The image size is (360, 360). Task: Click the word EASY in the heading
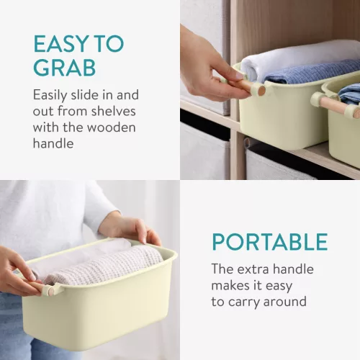pos(61,44)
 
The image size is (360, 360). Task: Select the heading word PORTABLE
pos(270,242)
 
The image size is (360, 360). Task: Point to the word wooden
pos(112,127)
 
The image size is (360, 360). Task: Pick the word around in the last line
pos(285,302)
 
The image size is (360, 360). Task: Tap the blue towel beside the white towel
pos(312,73)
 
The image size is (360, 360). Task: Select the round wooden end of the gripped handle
pos(261,91)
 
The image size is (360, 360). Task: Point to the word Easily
pos(50,96)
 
